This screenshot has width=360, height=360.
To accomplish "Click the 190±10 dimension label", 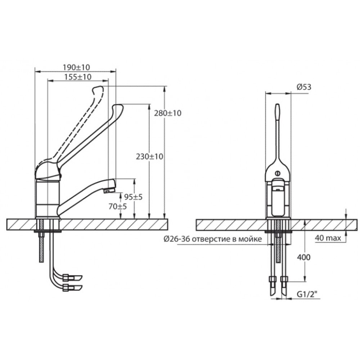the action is (x=76, y=67).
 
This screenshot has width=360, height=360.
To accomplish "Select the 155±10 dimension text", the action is (x=78, y=77).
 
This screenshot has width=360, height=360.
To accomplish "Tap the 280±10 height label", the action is (x=168, y=113).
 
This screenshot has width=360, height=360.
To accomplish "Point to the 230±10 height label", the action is (x=149, y=157).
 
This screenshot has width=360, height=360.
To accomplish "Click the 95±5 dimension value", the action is (x=133, y=197).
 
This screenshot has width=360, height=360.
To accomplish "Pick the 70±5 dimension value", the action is (x=118, y=206).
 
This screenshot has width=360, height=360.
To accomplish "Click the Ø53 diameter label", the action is (x=304, y=87).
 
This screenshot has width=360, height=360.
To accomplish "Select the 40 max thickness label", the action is (x=328, y=238).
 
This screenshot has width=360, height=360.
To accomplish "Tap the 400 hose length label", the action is (x=303, y=257).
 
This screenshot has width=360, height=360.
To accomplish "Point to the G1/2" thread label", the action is (x=305, y=294).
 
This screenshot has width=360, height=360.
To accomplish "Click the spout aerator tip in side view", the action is (x=109, y=190).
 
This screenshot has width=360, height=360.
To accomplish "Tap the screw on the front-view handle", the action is (x=278, y=174).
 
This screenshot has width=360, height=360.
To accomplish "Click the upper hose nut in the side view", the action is (x=66, y=278).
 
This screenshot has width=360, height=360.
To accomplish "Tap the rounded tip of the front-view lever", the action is (x=278, y=108).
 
